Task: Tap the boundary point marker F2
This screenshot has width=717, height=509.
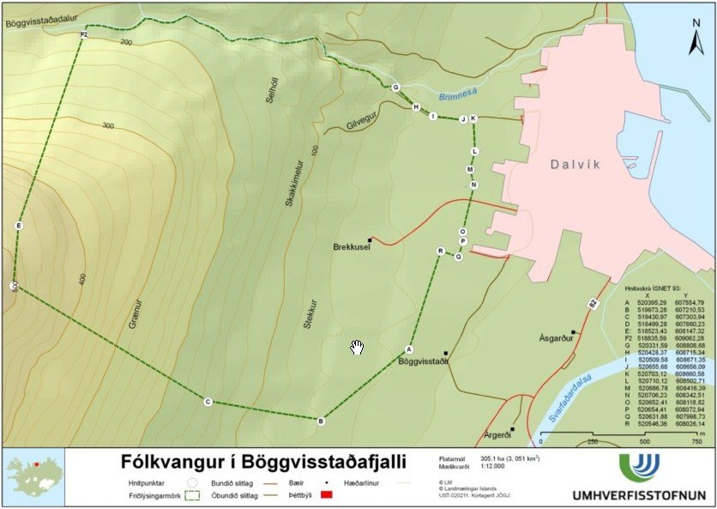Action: pos(83,34)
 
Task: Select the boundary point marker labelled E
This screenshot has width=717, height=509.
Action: pos(19,226)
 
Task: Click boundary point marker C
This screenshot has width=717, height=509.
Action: pos(208,401)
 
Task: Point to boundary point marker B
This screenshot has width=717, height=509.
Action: pos(321,421)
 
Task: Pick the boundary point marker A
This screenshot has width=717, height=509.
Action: pos(408,349)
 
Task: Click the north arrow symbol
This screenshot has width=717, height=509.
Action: pos(696,39)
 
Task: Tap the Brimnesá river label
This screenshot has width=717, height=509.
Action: pos(455,98)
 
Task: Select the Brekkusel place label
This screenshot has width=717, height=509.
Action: pos(350,247)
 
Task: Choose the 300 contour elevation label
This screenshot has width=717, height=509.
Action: pos(107,125)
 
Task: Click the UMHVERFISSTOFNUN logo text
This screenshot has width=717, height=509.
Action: pos(639,495)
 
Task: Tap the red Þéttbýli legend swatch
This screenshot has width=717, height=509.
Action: pos(325,495)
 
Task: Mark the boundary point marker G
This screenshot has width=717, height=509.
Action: pos(395,88)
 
